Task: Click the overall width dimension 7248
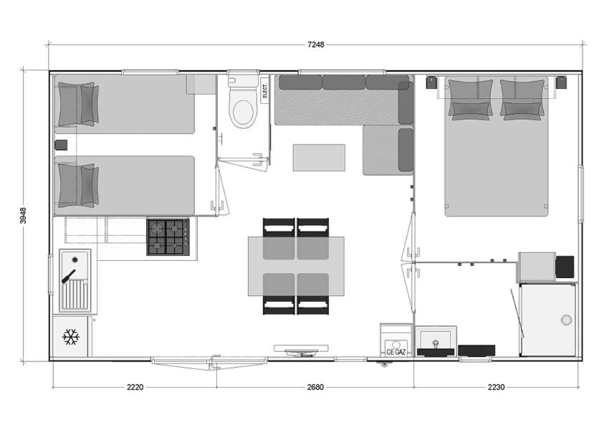pos(316,44)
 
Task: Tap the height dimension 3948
pos(24,216)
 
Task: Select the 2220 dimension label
pos(135,387)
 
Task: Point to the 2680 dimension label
pos(315,387)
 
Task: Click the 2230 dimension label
pos(496,387)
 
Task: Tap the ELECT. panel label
pos(265,90)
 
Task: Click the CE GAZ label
pos(395,353)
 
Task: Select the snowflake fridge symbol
pos(71,337)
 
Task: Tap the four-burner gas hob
pos(168,237)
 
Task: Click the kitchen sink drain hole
pos(75,259)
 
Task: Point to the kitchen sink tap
pos(68,277)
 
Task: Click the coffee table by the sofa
pos(319,158)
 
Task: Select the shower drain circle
pos(566,320)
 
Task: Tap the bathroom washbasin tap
pos(436,344)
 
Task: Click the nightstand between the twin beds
pos(61,145)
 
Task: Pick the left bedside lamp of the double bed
pos(431,82)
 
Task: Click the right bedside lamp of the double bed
pos(561,82)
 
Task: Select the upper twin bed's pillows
pos(78,104)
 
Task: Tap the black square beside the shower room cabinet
pos(565,267)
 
